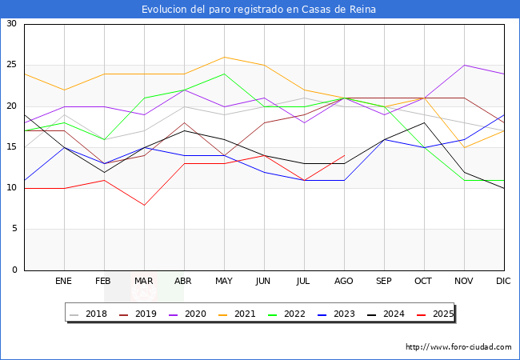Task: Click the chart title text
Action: pyautogui.click(x=259, y=10)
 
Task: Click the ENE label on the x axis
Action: pyautogui.click(x=64, y=282)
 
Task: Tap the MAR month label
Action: pyautogui.click(x=144, y=282)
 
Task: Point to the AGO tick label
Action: pyautogui.click(x=344, y=282)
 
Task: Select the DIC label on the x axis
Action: pyautogui.click(x=504, y=282)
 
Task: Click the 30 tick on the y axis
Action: pyautogui.click(x=11, y=24)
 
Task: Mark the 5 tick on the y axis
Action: pyautogui.click(x=14, y=230)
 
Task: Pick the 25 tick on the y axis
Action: pyautogui.click(x=11, y=66)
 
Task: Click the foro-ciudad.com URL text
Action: pyautogui.click(x=458, y=347)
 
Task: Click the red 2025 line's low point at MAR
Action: pyautogui.click(x=144, y=205)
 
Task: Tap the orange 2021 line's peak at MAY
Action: pyautogui.click(x=224, y=57)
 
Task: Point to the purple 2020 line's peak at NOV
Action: pyautogui.click(x=464, y=66)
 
